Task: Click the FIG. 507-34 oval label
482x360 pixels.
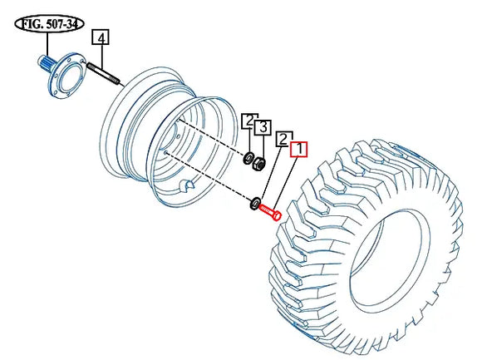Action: (x=49, y=24)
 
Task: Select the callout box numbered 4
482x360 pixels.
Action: (x=101, y=37)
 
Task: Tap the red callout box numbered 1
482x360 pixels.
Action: (x=299, y=149)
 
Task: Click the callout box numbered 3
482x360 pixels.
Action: (x=263, y=127)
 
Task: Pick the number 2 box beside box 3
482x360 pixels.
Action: (x=248, y=121)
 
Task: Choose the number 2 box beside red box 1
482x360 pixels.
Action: (x=283, y=139)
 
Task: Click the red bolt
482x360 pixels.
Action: (x=270, y=211)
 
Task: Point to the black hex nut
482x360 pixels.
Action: (x=258, y=164)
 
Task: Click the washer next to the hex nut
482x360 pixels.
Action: (x=248, y=158)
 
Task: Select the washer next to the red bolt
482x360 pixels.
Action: (x=255, y=204)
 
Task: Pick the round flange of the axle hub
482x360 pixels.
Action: (x=66, y=76)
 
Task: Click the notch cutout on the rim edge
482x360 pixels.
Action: (x=187, y=184)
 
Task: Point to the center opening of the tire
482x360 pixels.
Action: (x=390, y=261)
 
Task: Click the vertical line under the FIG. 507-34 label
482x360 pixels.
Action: (x=47, y=45)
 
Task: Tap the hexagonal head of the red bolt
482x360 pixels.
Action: (x=277, y=215)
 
